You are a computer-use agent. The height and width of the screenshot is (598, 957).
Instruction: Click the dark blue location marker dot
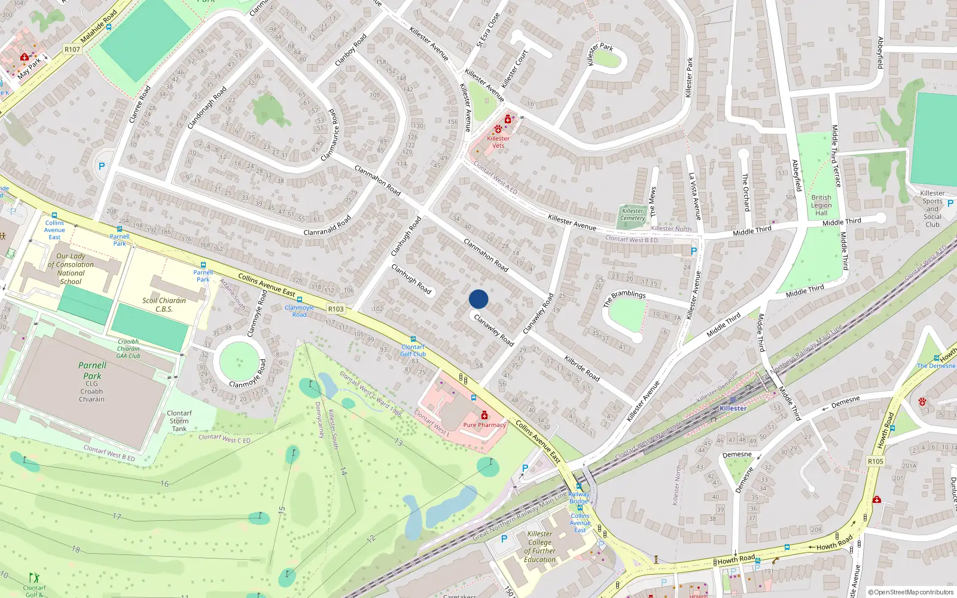[x=478, y=299]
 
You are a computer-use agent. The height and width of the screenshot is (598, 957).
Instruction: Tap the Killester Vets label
[x=498, y=142]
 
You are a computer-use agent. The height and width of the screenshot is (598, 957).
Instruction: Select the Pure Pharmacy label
[x=484, y=425]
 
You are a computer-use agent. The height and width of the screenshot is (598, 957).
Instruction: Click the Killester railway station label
[x=733, y=408]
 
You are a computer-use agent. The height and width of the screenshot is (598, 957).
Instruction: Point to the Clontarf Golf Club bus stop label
[x=413, y=350]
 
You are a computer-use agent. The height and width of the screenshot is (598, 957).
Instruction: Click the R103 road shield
[x=336, y=309]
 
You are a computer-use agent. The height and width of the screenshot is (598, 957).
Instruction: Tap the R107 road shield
[x=72, y=50]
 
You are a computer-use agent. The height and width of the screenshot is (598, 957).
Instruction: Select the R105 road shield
[x=875, y=462]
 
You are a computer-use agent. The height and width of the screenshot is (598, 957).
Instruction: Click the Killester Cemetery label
[x=632, y=214]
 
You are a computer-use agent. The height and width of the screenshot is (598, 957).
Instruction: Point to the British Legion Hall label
[x=821, y=205]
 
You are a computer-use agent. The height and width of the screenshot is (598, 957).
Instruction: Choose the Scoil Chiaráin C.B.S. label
[x=164, y=305]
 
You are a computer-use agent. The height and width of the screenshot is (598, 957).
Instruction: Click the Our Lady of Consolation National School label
[x=71, y=269]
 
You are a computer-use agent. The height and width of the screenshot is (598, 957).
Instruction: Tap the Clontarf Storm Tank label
[x=179, y=421]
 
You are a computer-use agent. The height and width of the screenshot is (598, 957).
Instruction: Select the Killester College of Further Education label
[x=540, y=547]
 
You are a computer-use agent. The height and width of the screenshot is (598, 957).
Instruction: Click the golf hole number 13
[x=398, y=443]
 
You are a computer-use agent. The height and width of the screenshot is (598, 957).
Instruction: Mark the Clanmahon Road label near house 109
[x=377, y=180]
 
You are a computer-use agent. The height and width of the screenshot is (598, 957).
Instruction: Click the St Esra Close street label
[x=488, y=30]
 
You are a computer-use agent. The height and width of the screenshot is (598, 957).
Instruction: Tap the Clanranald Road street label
[x=327, y=226]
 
